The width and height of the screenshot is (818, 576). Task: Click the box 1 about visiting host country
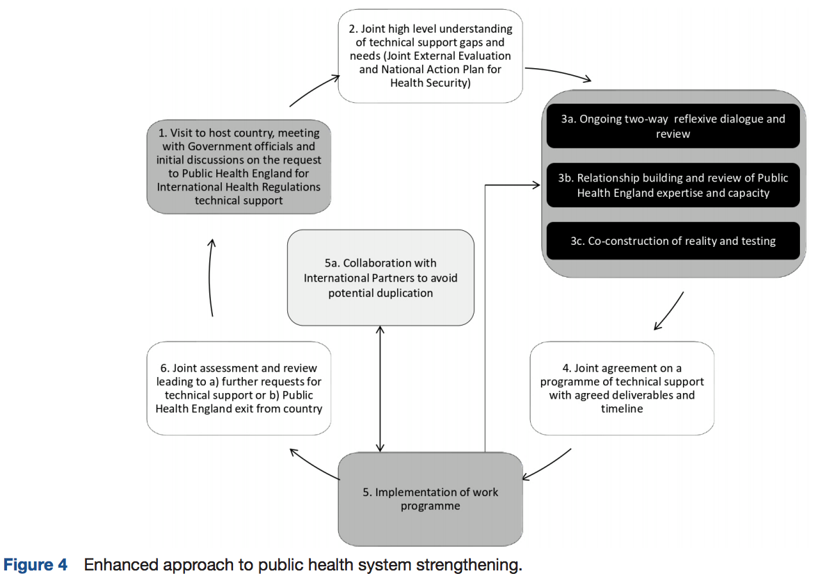[239, 166]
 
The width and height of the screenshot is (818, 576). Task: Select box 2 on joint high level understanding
[431, 56]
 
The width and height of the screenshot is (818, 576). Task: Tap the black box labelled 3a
[673, 126]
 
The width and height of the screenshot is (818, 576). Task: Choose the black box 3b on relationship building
[673, 185]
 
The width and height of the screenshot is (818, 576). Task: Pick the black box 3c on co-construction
[673, 241]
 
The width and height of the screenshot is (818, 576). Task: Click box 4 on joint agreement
[622, 388]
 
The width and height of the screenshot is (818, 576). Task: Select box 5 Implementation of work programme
[431, 499]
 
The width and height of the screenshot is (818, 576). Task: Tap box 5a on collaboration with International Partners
[381, 278]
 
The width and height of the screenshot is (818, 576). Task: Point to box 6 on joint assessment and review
[239, 388]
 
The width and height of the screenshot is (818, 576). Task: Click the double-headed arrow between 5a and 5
[380, 389]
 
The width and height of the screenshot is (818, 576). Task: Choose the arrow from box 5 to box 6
[314, 463]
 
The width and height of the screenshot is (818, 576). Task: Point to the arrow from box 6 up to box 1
[210, 278]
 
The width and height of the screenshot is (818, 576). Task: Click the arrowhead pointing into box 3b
[536, 185]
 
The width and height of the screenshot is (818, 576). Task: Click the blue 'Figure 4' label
[35, 565]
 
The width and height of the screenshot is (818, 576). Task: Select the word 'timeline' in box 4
[622, 408]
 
